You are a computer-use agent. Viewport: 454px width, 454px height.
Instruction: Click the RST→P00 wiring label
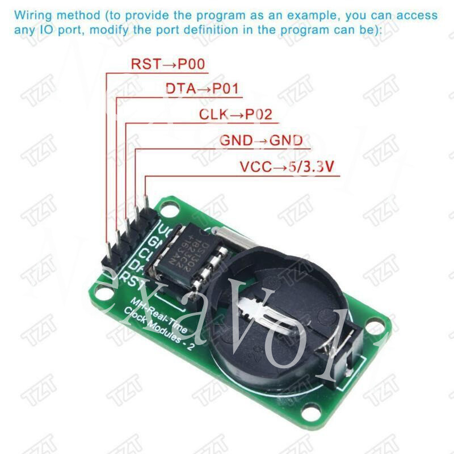pyautogui.click(x=167, y=64)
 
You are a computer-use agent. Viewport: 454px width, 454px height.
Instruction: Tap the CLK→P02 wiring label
pyautogui.click(x=235, y=114)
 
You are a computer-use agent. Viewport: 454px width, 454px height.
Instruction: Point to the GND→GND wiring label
pyautogui.click(x=261, y=140)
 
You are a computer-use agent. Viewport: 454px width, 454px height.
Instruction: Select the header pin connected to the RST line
pyautogui.click(x=106, y=244)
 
